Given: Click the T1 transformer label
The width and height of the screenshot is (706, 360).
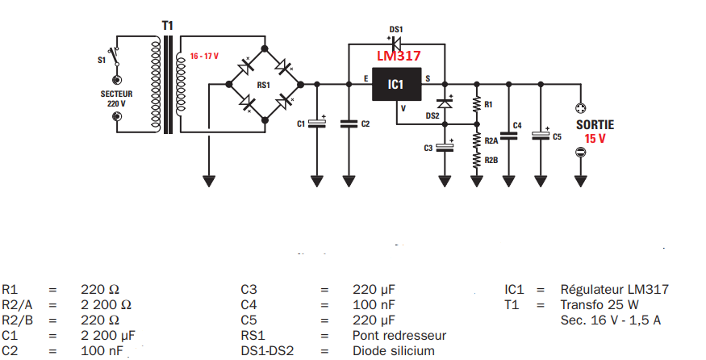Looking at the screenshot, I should coord(167,26).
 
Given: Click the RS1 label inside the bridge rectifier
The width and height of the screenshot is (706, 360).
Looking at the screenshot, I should coord(262,84).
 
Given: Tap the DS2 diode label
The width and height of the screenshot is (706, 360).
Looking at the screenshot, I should coord(432,115).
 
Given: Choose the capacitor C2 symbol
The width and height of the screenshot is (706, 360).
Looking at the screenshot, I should coord(349,123).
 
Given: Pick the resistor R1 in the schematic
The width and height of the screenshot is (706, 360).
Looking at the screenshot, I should coord(477,104).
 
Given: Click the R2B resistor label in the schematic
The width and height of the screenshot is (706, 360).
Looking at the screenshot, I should coord(491,161).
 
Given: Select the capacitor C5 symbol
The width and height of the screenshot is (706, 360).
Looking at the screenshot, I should coord(541,136).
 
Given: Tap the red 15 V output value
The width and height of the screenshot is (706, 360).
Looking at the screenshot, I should coord(594,139).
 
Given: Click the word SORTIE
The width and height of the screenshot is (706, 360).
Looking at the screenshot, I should coord(595,124).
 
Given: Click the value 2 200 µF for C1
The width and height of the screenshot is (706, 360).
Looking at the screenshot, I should coord(107,334).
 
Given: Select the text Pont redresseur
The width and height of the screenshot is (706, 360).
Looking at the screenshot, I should coord(399,334).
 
